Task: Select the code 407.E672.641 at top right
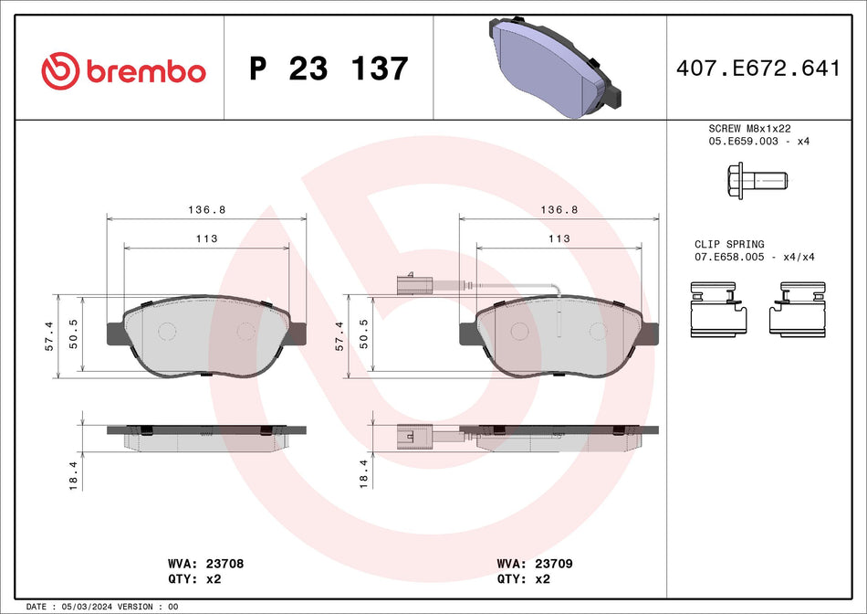tap(757, 69)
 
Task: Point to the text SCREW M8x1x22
tap(750, 129)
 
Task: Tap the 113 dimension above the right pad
tap(559, 238)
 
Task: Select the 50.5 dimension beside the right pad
tap(365, 335)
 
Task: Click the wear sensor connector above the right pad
tap(412, 283)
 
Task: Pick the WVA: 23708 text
tap(205, 565)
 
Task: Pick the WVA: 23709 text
tap(534, 565)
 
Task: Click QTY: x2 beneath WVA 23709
tap(523, 579)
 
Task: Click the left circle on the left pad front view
tap(166, 332)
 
